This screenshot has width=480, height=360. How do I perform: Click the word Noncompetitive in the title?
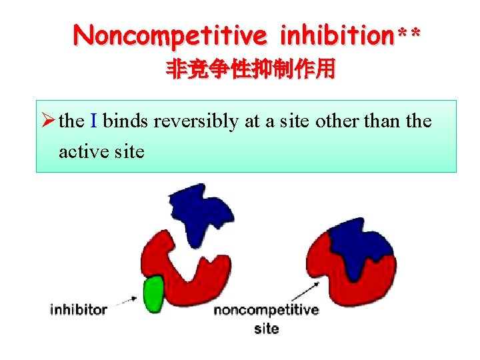171,35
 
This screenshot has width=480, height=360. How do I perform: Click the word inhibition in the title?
339,35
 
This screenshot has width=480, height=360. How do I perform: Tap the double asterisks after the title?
409,33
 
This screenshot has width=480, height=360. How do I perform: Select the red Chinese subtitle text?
250,70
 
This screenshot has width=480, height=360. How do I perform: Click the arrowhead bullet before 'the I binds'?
47,122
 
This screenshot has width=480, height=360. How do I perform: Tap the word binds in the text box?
126,122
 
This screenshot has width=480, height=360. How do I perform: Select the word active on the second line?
83,152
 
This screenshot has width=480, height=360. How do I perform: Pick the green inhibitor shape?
154,293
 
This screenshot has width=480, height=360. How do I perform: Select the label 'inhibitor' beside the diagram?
79,309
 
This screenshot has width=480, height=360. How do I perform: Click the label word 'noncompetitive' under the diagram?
266,310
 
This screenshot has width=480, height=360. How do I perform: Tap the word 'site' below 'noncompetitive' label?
267,328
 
